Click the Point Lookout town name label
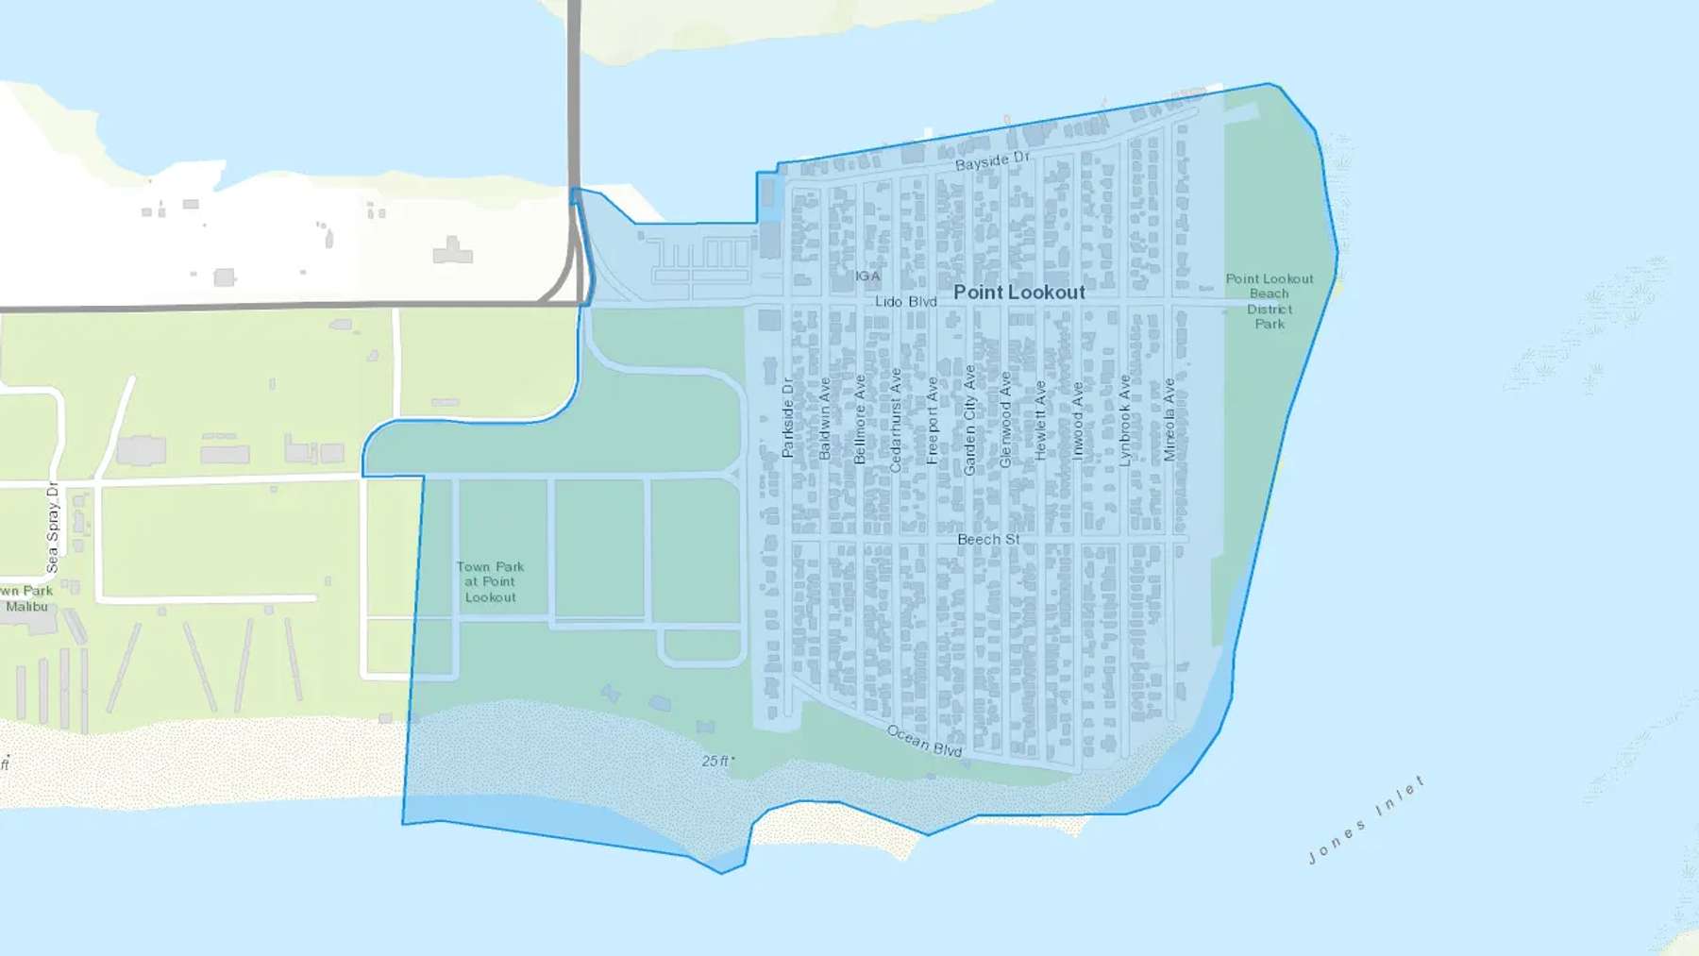1018,293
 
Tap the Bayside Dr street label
992,160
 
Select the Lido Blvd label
905,302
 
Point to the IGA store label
867,277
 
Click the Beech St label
988,539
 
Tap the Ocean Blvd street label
924,741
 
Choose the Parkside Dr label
788,418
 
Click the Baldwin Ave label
824,419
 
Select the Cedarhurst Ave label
896,420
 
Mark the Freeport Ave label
933,421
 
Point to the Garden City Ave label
969,420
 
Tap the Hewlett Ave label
1040,420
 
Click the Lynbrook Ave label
1124,421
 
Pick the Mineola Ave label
1169,420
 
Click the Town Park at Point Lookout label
490,581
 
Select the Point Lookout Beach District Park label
1270,301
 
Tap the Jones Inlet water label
1366,820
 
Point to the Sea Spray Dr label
53,528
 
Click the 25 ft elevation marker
716,761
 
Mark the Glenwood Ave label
1005,420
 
